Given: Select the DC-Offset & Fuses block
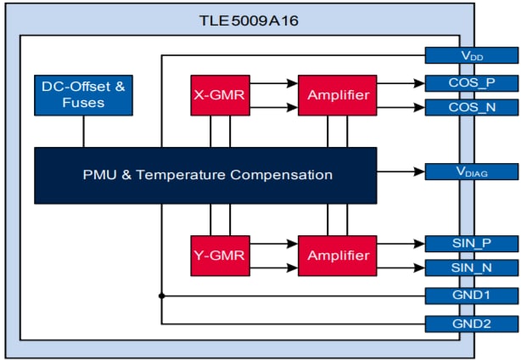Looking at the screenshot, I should (82, 94).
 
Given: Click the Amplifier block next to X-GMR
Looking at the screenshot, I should (337, 95).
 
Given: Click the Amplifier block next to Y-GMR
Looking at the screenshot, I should (337, 255).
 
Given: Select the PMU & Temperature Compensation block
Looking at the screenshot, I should (205, 175).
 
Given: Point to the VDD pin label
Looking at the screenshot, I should (472, 55).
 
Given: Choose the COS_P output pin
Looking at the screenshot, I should (472, 83).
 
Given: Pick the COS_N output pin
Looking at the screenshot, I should (472, 108).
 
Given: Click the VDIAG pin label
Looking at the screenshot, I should (472, 172).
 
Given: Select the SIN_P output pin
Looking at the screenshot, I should (472, 243).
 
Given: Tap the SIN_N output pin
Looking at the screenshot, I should (472, 268).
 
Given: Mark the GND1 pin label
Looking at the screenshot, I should (472, 295).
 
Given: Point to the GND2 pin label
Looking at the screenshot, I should (472, 323).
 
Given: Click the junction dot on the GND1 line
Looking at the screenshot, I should (161, 295).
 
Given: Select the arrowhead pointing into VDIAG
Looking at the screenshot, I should (419, 172).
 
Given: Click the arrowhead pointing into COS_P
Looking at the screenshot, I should (419, 83).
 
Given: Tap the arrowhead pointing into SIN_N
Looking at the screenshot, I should (419, 268).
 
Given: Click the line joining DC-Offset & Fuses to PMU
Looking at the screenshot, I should (82, 132).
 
